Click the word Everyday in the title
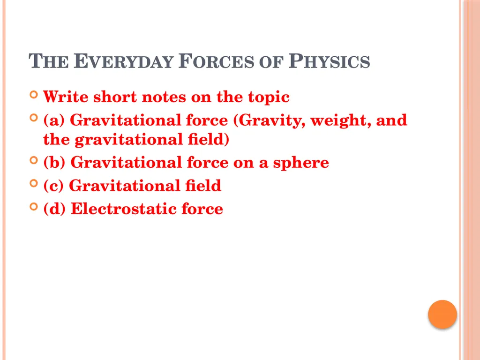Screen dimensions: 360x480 click(x=124, y=62)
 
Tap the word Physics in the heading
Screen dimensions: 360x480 click(x=329, y=62)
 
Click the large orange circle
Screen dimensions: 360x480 click(x=442, y=314)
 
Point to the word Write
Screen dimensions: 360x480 click(x=66, y=97)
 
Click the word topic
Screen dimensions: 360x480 click(x=267, y=97)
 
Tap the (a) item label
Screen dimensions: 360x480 click(x=54, y=120)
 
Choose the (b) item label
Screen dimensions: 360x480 click(x=55, y=162)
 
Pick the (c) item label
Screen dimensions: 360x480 click(x=54, y=186)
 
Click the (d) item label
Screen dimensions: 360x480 click(x=55, y=209)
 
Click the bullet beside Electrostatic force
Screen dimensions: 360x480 click(x=33, y=207)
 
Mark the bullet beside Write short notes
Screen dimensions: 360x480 click(x=33, y=95)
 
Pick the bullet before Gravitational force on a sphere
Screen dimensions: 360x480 click(x=33, y=160)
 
